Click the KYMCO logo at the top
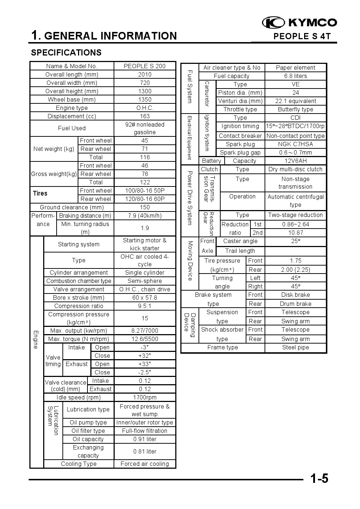pyautogui.click(x=299, y=23)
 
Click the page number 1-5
pyautogui.click(x=319, y=479)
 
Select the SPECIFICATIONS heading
pyautogui.click(x=66, y=53)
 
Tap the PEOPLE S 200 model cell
pyautogui.click(x=144, y=66)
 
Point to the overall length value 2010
pyautogui.click(x=144, y=74)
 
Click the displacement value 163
pyautogui.click(x=144, y=116)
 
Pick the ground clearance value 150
pyautogui.click(x=144, y=207)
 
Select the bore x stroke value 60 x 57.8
pyautogui.click(x=144, y=297)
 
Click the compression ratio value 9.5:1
pyautogui.click(x=144, y=306)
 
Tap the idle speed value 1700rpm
pyautogui.click(x=144, y=397)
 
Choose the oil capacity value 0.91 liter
pyautogui.click(x=144, y=439)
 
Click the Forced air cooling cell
pyautogui.click(x=144, y=464)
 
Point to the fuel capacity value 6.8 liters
pyautogui.click(x=295, y=76)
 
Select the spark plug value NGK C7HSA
pyautogui.click(x=295, y=144)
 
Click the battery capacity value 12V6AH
pyautogui.click(x=295, y=161)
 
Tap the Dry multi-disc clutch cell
pyautogui.click(x=295, y=169)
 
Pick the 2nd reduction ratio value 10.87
pyautogui.click(x=295, y=233)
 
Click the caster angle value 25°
pyautogui.click(x=295, y=241)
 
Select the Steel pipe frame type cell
pyautogui.click(x=295, y=347)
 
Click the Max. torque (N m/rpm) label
pyautogui.click(x=79, y=339)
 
